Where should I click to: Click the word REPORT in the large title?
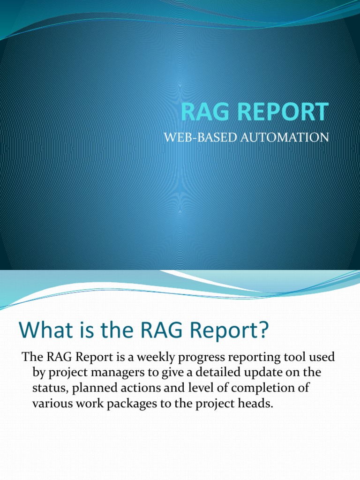(x=281, y=112)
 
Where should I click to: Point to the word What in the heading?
(x=40, y=331)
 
